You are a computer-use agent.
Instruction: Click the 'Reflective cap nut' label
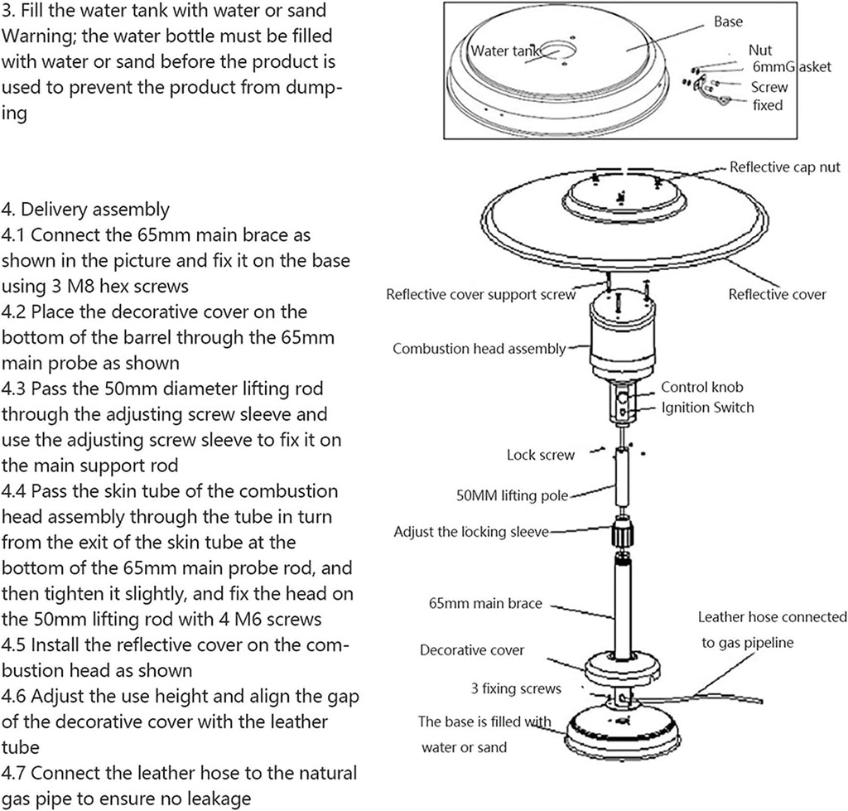tap(784, 167)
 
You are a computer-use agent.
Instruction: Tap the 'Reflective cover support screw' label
tap(481, 295)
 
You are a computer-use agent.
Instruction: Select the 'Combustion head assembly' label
tap(479, 349)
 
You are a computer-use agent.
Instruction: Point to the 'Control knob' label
tap(701, 387)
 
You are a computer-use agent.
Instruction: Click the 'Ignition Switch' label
tap(707, 407)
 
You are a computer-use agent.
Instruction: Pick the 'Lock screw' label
tap(540, 455)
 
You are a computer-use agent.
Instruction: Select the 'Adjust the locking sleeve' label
tap(471, 531)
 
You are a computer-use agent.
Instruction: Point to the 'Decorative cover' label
tap(472, 650)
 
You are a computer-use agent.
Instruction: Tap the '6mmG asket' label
tap(790, 67)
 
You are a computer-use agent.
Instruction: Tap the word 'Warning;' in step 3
tap(31, 37)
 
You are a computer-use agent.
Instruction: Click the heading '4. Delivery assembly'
tap(85, 209)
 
